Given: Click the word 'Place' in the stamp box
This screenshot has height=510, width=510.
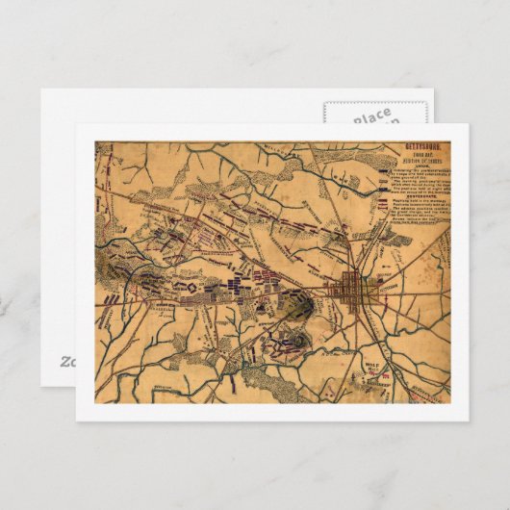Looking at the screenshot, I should pos(370,115).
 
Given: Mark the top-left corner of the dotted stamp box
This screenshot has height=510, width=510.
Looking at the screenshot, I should pos(324,101).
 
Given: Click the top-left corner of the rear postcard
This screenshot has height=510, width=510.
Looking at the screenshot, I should pos(40,90).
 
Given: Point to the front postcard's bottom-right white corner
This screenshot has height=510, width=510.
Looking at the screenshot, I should pos(468,421).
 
